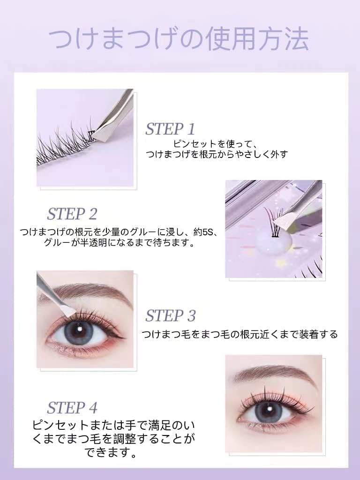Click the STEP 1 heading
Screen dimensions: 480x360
point(170,129)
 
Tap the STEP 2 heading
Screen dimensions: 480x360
point(72,214)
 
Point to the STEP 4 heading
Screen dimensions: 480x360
point(72,407)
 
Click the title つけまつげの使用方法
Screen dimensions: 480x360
point(180,40)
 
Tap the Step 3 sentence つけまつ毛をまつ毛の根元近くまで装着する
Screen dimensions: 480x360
point(240,334)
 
